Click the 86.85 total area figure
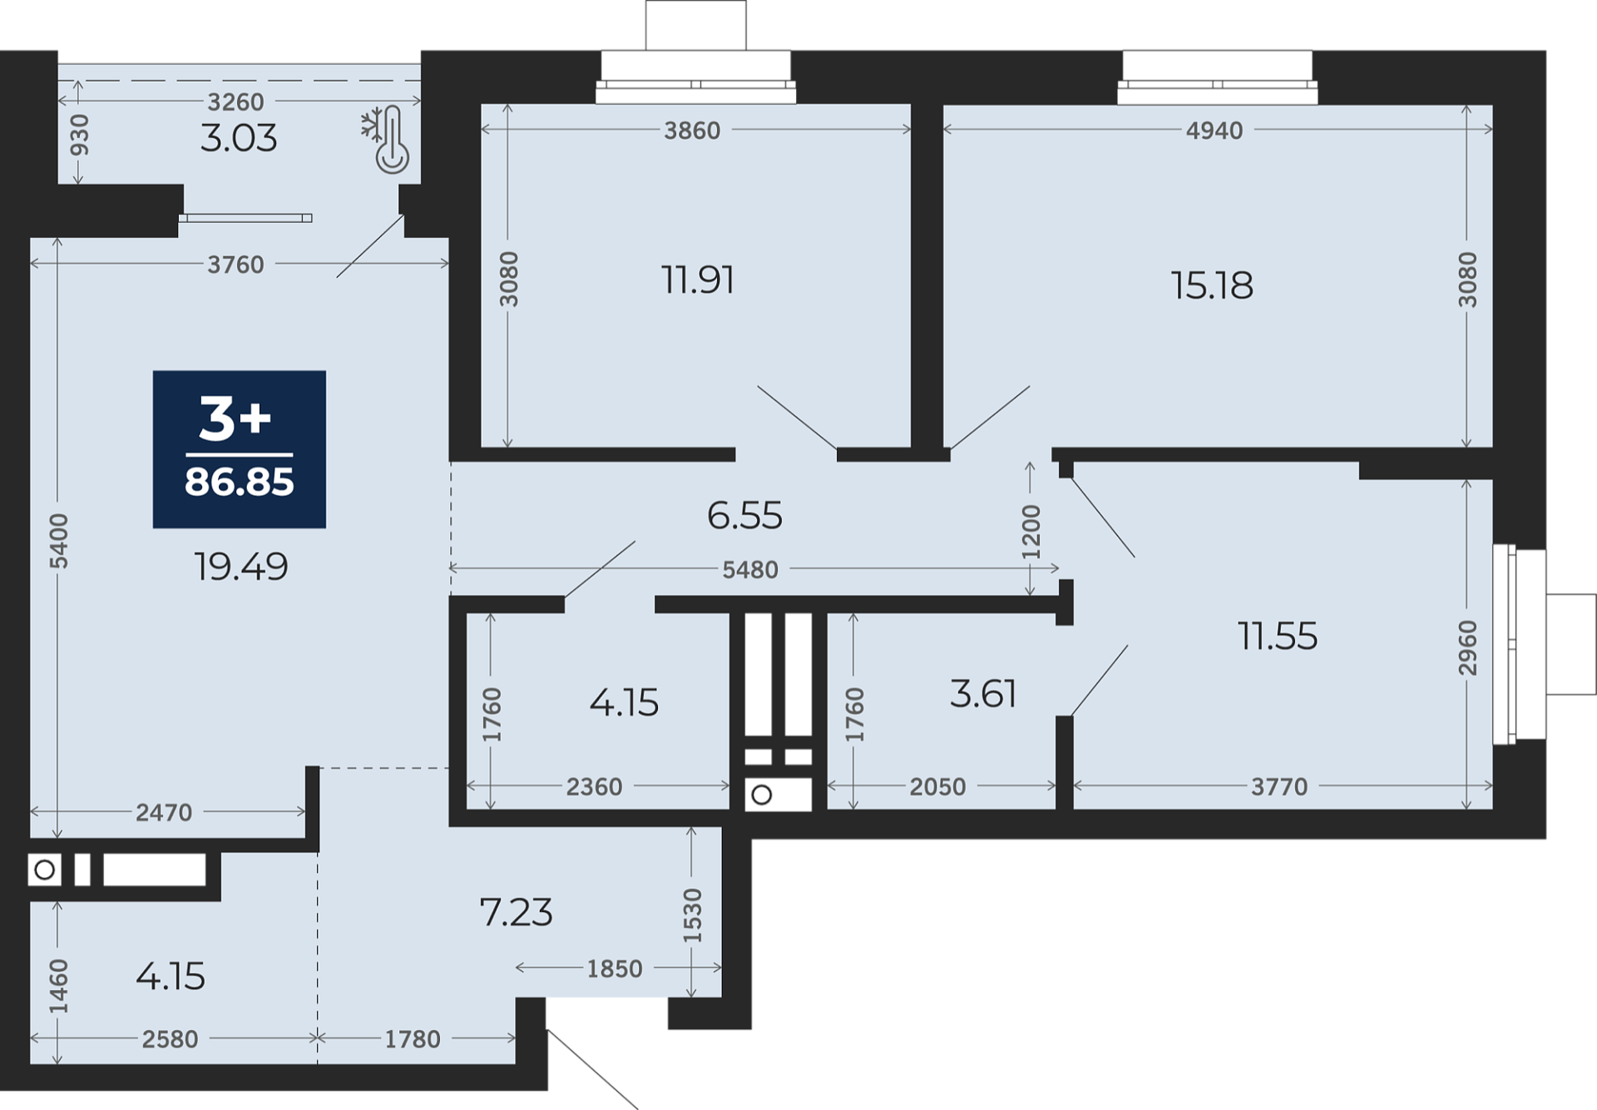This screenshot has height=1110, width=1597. pos(240,482)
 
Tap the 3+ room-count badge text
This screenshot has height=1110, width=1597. pos(235,419)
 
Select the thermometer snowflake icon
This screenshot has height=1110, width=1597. pos(385,139)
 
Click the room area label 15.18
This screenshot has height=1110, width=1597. pos(1212,285)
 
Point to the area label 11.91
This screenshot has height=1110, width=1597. pos(698,280)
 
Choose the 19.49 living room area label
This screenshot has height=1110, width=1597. pos(241,567)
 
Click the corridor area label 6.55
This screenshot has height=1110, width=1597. pos(744,516)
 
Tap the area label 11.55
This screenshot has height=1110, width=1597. pos(1278,637)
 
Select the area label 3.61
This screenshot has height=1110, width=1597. pos(983,694)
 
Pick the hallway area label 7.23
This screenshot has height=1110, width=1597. pos(516,913)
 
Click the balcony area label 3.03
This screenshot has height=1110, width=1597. pos(239,138)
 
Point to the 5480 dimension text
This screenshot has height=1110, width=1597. pos(750,570)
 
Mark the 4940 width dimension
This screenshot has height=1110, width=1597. pos(1214,131)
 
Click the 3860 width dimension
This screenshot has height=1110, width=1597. pos(692,131)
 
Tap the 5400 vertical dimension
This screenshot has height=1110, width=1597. pos(59,542)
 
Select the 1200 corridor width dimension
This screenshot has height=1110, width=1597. pos(1031,532)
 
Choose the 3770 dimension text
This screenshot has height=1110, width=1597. pos(1279,786)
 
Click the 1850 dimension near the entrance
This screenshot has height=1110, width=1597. pos(615,969)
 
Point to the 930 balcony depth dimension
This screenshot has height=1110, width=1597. pos(79,135)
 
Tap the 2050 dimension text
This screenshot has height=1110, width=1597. pos(937,786)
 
